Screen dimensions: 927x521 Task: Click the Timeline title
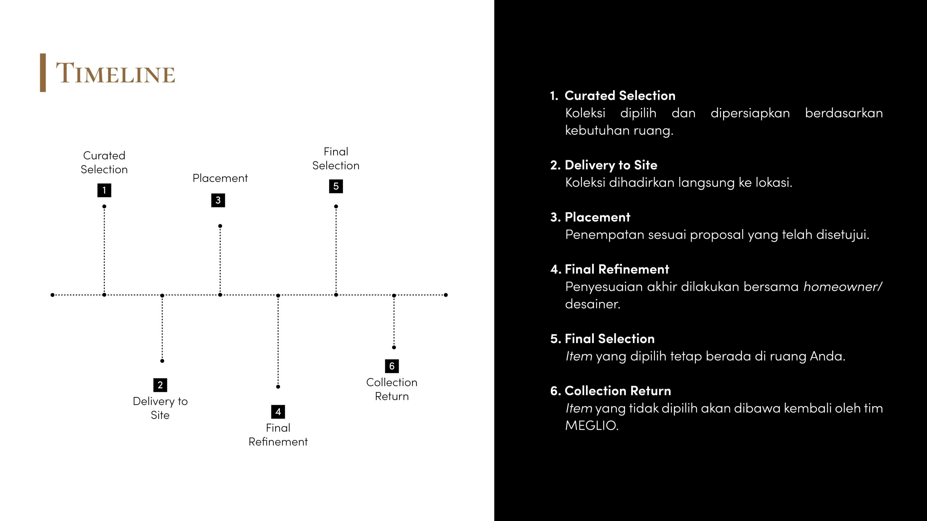(115, 73)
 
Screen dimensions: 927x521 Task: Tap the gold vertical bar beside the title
(43, 73)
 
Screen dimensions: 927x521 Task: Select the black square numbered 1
(104, 190)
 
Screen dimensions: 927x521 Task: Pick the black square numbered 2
(160, 385)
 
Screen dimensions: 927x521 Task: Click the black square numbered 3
(218, 200)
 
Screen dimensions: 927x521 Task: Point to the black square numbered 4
(278, 412)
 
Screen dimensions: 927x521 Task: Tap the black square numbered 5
(336, 186)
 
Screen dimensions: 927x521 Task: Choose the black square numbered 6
(392, 366)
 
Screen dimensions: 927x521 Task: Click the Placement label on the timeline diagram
(220, 178)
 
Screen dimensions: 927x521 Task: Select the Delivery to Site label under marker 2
(160, 408)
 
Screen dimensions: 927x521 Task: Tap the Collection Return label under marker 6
(392, 389)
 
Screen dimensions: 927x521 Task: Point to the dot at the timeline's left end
(53, 295)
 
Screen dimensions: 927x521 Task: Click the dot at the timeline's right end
(446, 295)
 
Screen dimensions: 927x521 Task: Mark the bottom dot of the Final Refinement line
(278, 387)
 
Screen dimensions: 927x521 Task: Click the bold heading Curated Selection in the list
(620, 96)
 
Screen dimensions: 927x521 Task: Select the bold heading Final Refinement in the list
(617, 269)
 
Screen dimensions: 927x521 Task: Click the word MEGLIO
(592, 425)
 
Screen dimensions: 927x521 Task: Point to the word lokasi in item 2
(773, 182)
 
